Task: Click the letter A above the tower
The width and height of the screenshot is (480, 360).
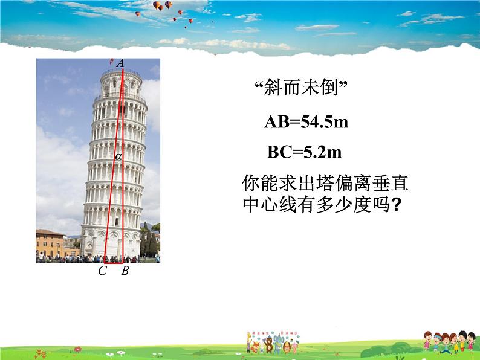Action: click(x=120, y=63)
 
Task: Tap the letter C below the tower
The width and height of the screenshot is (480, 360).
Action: click(x=102, y=271)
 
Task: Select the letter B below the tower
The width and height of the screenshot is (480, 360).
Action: click(x=125, y=271)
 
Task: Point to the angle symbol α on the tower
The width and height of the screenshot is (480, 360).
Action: click(x=119, y=157)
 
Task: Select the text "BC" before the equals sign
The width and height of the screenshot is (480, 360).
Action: click(x=279, y=153)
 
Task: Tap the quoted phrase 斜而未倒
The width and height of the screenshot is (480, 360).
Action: click(x=300, y=89)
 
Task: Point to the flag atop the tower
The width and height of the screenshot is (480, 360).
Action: click(x=112, y=61)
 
